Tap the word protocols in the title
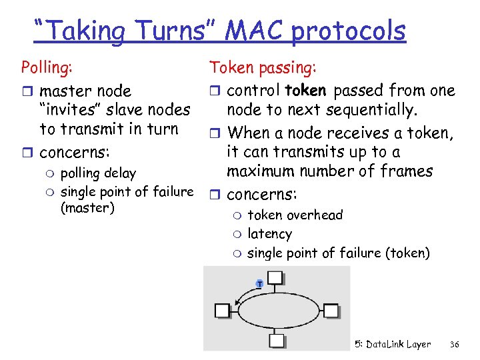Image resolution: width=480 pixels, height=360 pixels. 348,31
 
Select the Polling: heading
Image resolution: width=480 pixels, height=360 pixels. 47,67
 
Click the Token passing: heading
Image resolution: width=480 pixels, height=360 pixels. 263,67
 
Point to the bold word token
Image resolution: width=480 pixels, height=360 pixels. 305,90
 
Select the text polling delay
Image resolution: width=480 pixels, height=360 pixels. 98,173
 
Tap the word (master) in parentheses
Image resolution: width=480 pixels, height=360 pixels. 87,208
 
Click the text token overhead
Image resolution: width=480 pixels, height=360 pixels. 295,215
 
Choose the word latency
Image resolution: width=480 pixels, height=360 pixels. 269,234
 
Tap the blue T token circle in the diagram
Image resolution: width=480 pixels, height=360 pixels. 259,285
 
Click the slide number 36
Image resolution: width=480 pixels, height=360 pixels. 455,345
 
